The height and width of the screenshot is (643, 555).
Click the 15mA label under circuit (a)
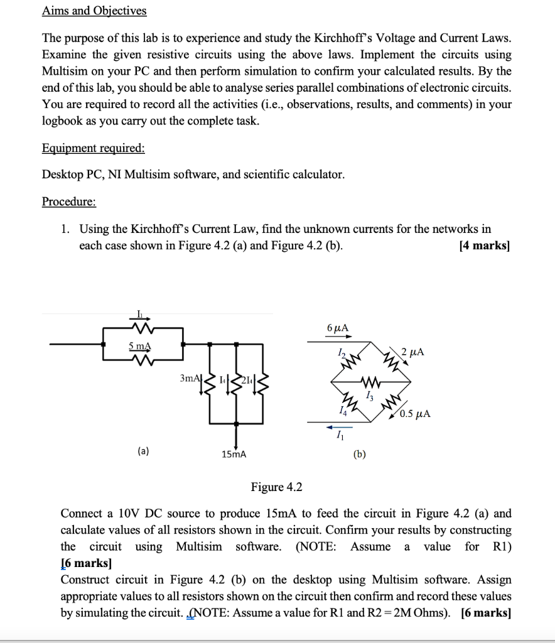coord(234,453)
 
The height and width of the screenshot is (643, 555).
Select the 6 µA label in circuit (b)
coord(338,327)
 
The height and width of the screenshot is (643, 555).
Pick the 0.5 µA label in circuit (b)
coord(415,413)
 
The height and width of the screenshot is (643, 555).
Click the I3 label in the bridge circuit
coord(370,396)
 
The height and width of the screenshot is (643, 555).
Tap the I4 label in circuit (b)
coord(341,411)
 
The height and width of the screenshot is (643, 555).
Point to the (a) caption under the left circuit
coord(144,450)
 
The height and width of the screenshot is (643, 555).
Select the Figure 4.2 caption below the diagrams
coord(276,487)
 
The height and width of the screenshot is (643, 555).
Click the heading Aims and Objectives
coord(94,11)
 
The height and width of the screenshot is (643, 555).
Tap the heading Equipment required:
coord(93,148)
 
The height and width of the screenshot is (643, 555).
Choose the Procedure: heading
coord(69,202)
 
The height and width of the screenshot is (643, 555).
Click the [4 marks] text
coord(484,246)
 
